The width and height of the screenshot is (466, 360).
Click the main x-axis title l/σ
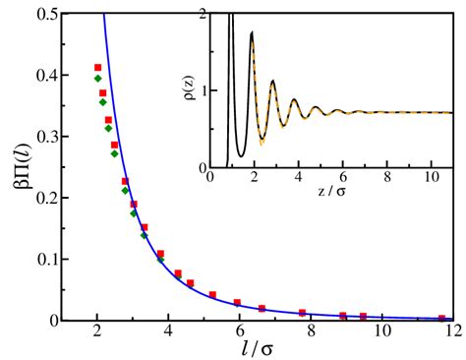coord(257,349)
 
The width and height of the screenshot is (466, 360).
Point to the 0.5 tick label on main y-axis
coord(46,12)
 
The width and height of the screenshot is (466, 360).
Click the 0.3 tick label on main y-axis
coord(46,136)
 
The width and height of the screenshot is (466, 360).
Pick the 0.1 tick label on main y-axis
coord(46,260)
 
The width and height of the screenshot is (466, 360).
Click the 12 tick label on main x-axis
coord(451,332)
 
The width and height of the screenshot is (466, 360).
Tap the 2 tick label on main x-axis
coord(96,332)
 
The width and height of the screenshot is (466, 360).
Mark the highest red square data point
coord(97,67)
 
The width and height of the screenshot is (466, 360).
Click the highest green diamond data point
coord(97,79)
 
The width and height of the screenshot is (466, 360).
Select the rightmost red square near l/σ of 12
coord(441,318)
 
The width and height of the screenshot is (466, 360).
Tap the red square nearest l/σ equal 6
coord(237,303)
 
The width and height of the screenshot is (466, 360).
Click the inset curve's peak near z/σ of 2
coord(253,33)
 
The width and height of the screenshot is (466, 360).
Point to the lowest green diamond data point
coord(160,259)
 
